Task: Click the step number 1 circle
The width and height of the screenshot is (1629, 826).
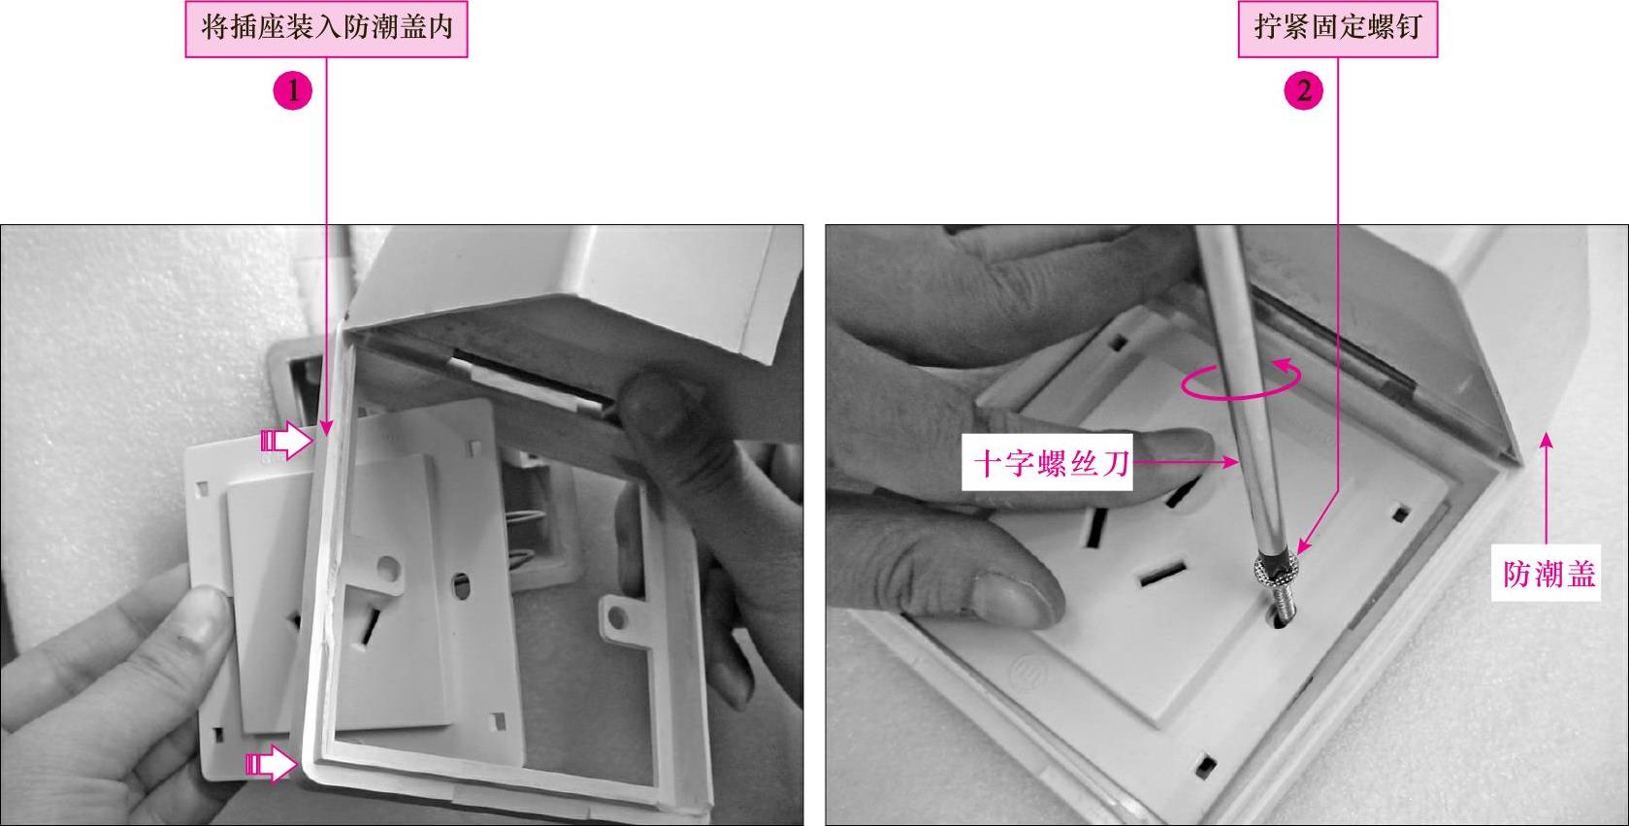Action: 292,91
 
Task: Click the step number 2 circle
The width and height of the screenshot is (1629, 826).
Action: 1303,91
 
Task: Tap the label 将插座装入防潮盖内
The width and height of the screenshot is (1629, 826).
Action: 327,28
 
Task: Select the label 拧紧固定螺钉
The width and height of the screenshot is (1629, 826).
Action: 1338,28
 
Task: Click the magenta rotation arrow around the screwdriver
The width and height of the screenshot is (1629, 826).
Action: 1241,379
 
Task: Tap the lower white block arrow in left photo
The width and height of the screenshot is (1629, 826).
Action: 272,763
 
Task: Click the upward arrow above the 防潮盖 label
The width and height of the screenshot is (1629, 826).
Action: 1547,487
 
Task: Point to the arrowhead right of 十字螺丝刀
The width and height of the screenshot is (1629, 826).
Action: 1232,461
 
